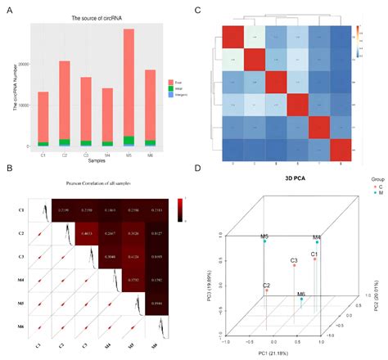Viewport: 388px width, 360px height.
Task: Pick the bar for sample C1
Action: click(x=43, y=119)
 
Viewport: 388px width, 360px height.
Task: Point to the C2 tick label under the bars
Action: click(x=65, y=153)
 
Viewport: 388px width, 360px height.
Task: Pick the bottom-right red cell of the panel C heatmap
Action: click(x=337, y=150)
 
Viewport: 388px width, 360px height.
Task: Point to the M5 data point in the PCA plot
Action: click(x=264, y=242)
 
